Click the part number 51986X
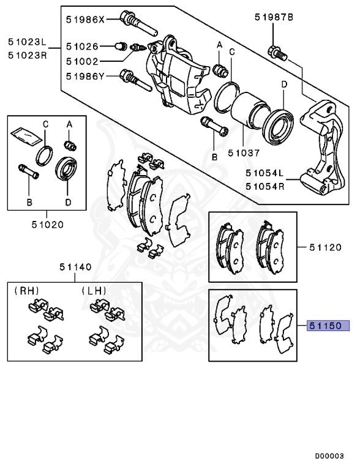click(86, 20)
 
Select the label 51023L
click(26, 43)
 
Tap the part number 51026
click(81, 46)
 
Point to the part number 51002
click(81, 61)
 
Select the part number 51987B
click(274, 18)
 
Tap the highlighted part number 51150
click(328, 326)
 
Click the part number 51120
click(325, 247)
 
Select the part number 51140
click(75, 267)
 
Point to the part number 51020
click(48, 224)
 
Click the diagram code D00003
click(329, 456)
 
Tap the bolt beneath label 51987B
click(276, 52)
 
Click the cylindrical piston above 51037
click(248, 111)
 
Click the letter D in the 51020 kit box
click(68, 201)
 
